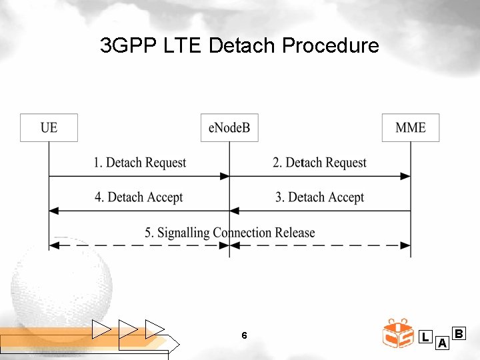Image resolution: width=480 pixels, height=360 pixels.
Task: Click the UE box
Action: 49,127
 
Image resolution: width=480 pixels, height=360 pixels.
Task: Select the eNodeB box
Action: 229,127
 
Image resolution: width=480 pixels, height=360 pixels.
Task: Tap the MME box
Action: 411,127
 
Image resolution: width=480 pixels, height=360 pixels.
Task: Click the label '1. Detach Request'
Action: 139,163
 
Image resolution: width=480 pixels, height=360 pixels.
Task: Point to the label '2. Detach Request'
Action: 319,163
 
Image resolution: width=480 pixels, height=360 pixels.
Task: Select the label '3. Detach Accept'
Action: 319,197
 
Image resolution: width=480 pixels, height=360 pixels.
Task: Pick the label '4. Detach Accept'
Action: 139,197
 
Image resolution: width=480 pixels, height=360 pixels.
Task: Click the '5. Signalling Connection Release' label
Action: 230,233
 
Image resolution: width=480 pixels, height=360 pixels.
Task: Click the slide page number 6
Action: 244,335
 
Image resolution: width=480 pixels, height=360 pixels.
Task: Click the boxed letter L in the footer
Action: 425,337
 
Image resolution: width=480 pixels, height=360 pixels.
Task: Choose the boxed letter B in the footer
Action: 459,333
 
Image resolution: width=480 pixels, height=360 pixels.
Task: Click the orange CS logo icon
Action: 398,333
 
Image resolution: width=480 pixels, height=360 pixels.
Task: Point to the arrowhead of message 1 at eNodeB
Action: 225,176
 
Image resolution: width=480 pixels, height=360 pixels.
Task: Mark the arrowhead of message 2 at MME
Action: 406,176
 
